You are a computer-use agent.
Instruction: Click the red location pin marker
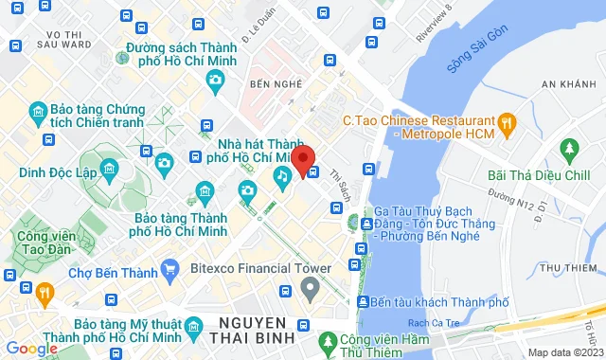pyautogui.click(x=303, y=159)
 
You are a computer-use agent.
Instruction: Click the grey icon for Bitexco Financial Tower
pyautogui.click(x=308, y=288)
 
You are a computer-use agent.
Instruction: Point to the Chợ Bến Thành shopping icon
pyautogui.click(x=169, y=269)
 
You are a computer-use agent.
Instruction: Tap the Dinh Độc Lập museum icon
pyautogui.click(x=109, y=171)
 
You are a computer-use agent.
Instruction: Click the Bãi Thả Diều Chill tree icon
pyautogui.click(x=569, y=149)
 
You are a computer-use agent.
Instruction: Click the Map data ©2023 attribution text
pyautogui.click(x=564, y=352)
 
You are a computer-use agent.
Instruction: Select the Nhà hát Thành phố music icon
pyautogui.click(x=282, y=175)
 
